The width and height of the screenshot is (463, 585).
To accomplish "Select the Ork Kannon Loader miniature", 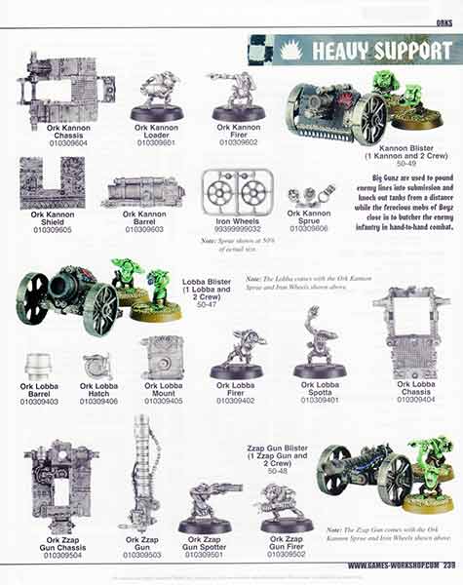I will [x=157, y=96].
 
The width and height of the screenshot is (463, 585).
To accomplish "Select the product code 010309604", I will [x=61, y=142].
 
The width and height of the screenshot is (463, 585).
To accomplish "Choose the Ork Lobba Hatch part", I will [x=97, y=366].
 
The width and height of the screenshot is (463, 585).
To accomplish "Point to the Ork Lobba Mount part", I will [x=162, y=358].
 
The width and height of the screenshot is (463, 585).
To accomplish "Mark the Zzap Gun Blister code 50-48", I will [x=278, y=470].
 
